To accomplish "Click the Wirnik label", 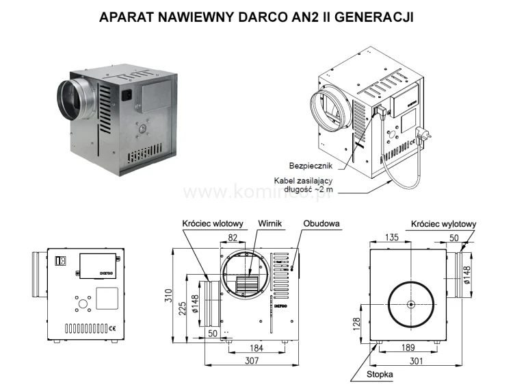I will [270, 223].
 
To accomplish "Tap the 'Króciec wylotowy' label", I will [444, 223].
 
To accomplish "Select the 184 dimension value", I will [256, 349].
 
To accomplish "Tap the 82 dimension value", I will [233, 237].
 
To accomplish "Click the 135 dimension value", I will [391, 237].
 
